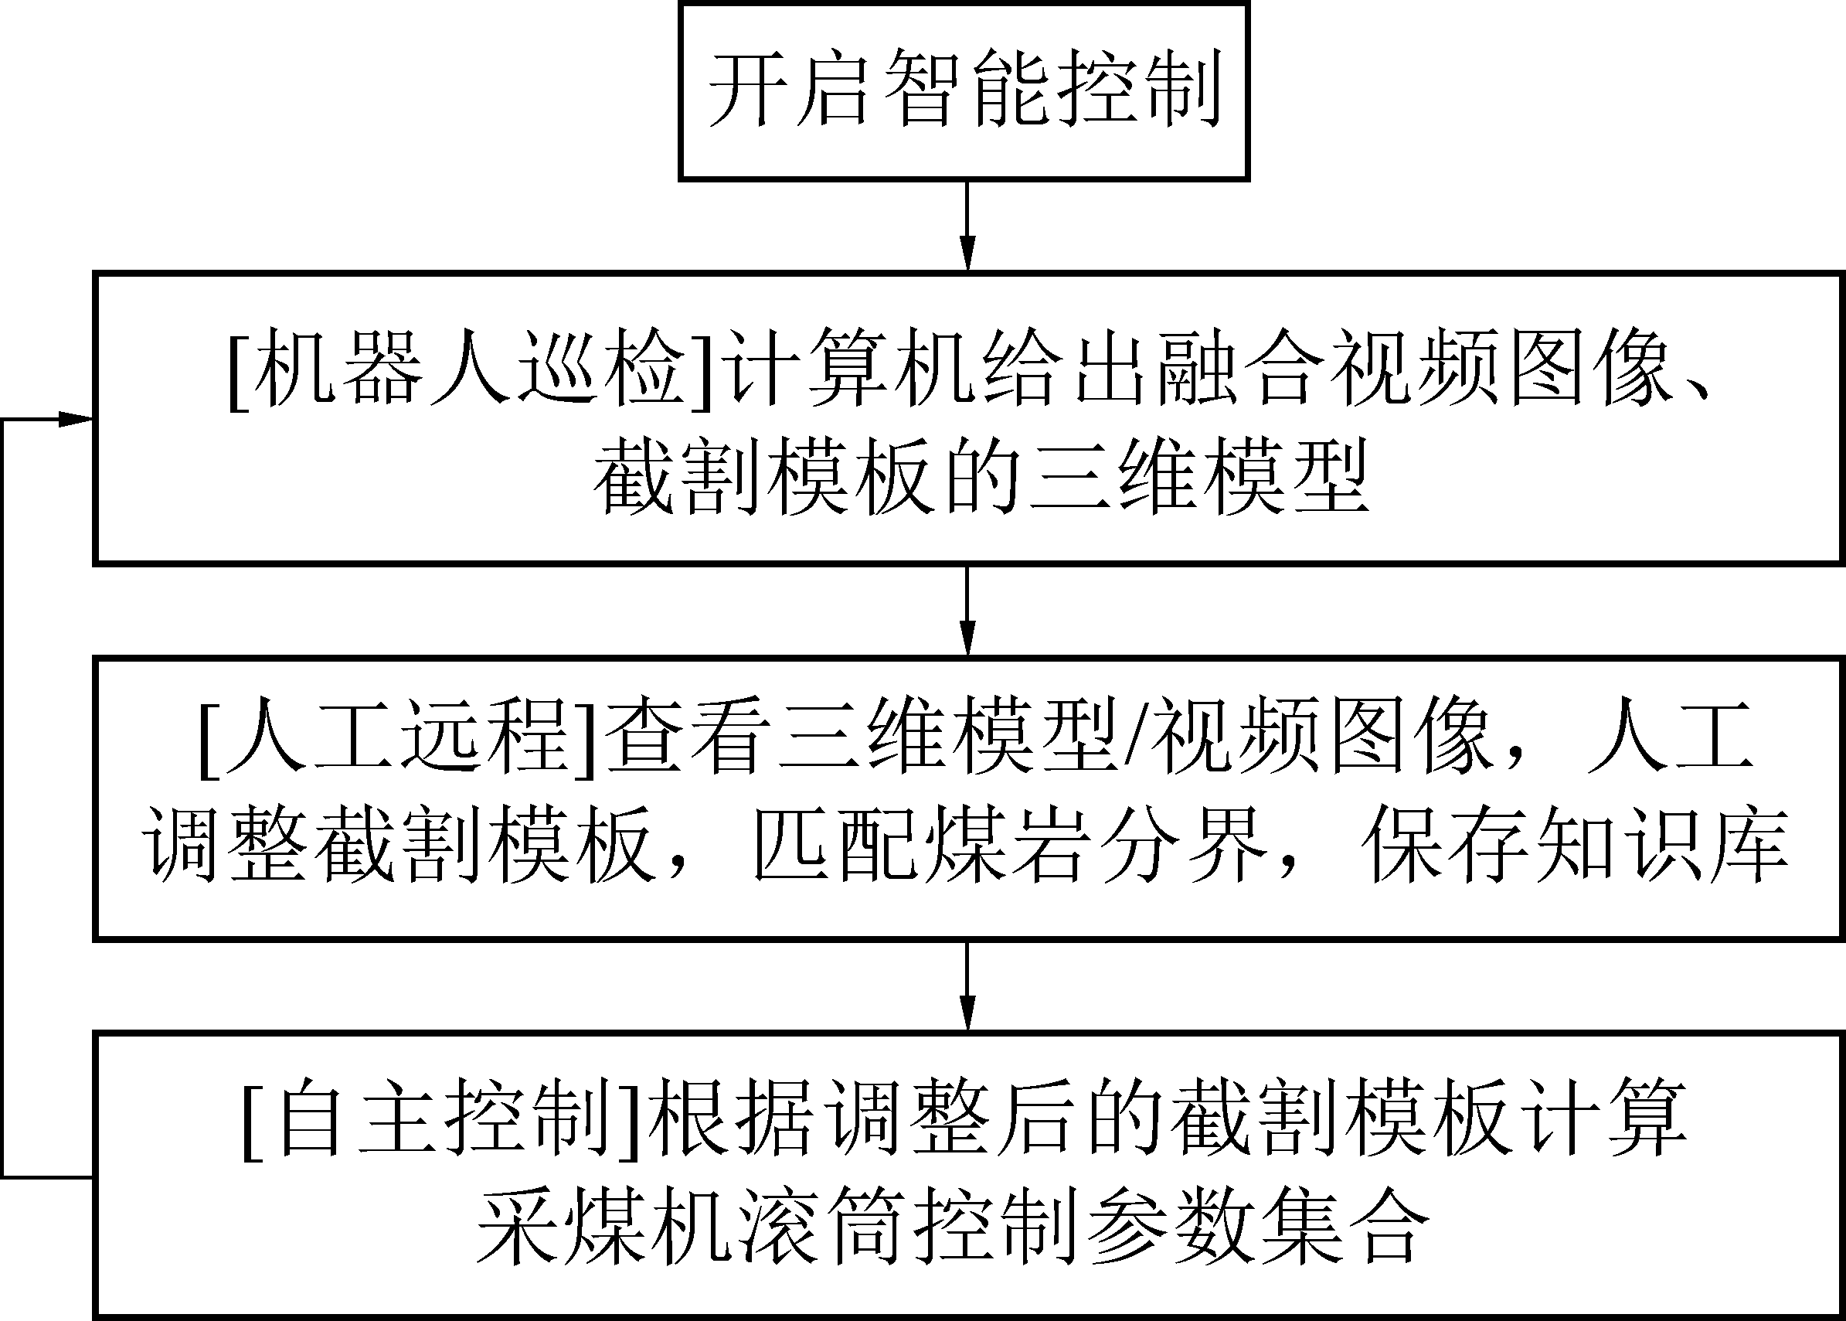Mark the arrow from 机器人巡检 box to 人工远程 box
coord(966,610)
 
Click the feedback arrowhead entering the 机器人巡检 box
coord(77,420)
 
